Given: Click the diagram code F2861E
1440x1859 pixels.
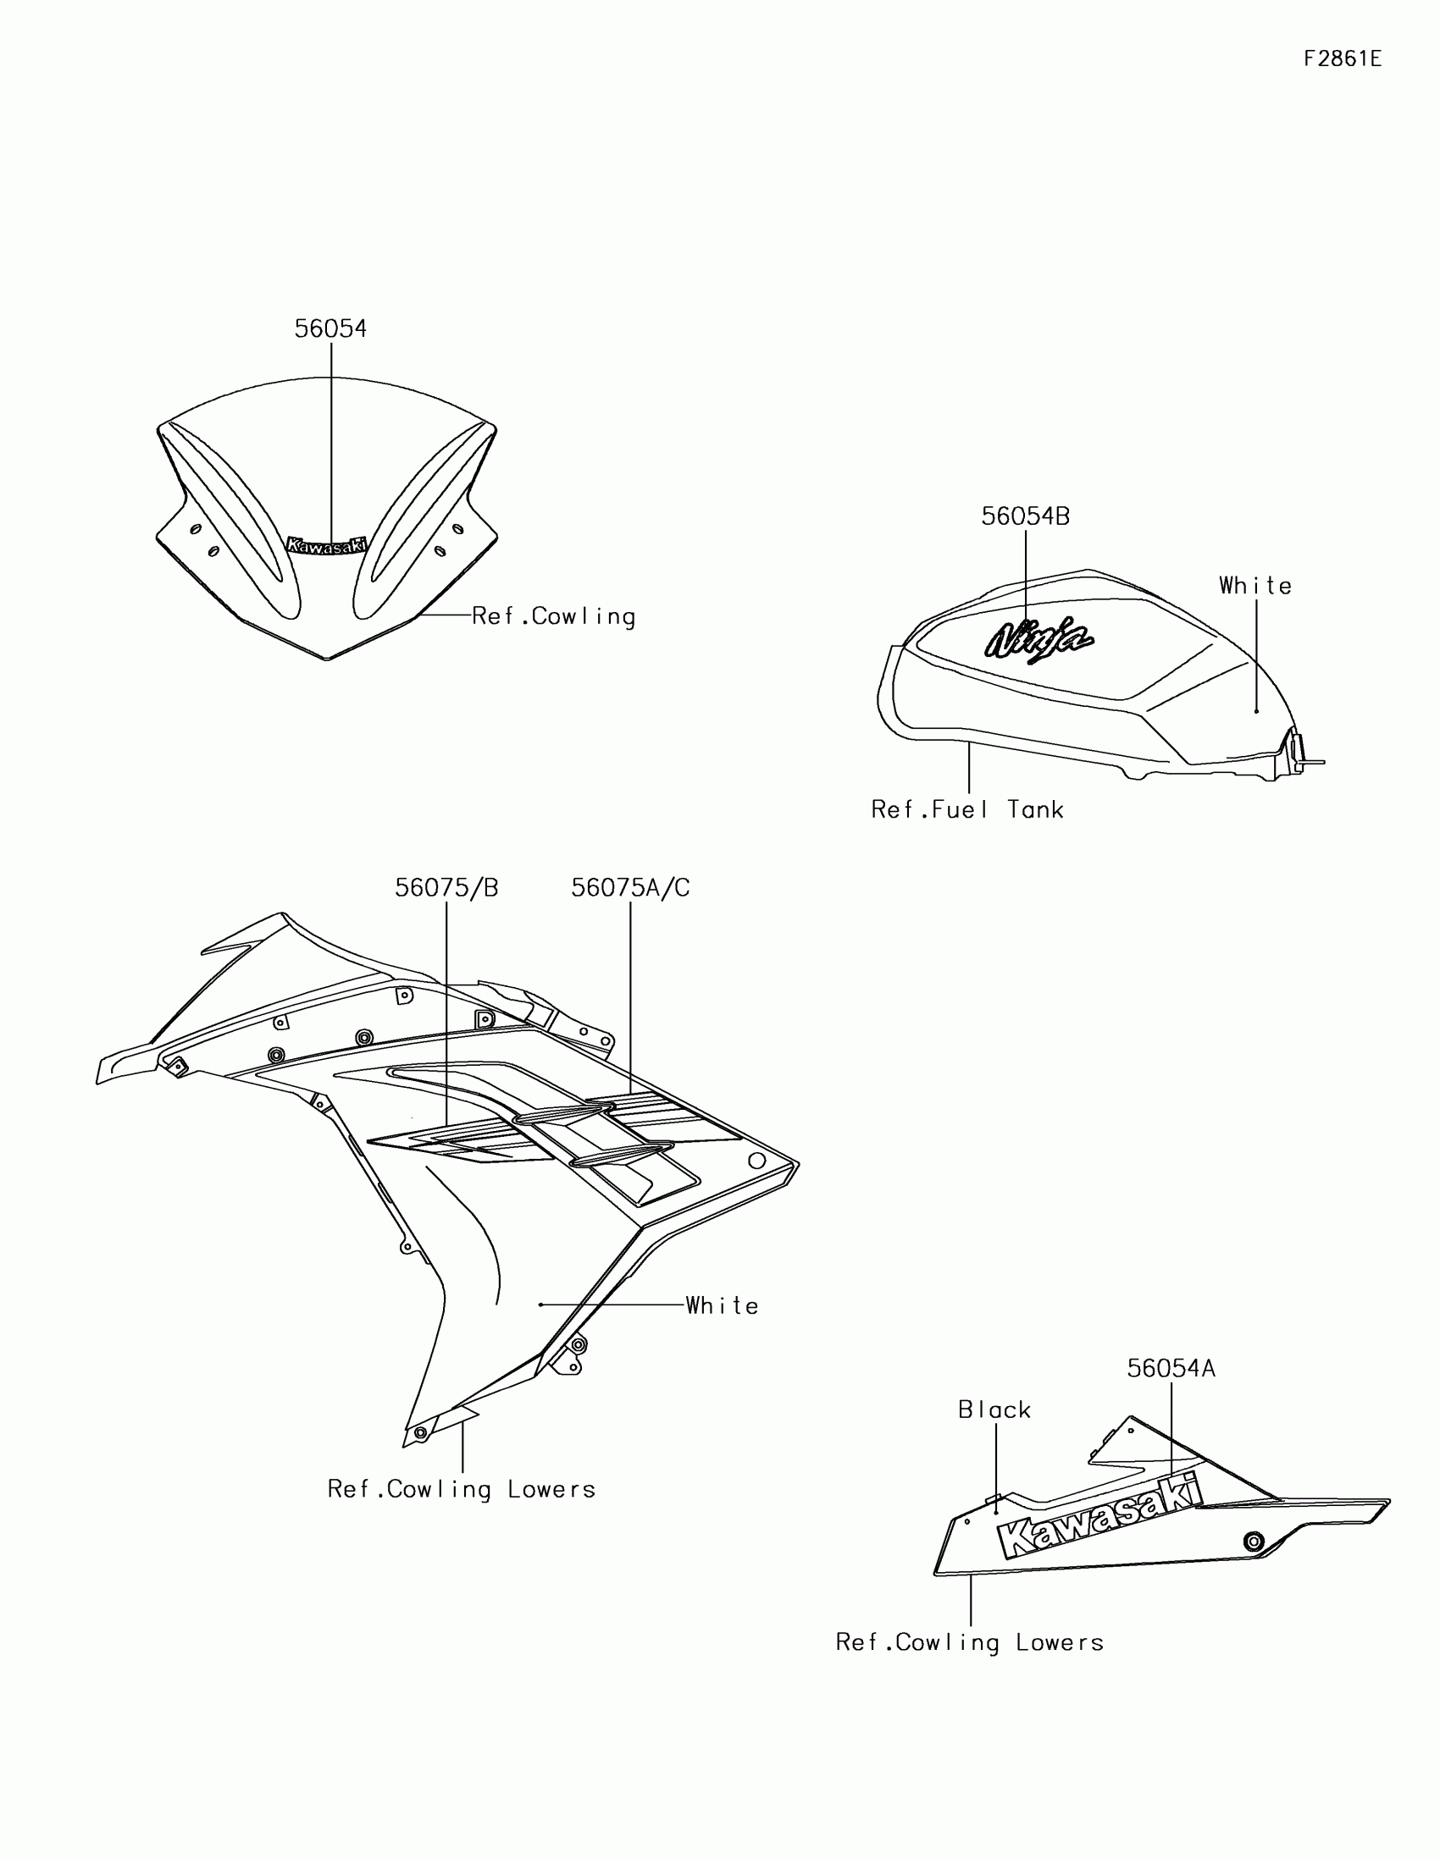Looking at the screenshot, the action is [x=1342, y=58].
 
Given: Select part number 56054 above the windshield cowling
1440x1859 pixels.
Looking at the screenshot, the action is [x=330, y=328].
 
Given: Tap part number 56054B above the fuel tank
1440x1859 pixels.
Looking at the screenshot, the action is [x=1025, y=516].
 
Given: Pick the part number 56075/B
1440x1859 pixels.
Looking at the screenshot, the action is [x=446, y=889].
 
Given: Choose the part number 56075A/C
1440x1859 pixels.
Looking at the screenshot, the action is [x=630, y=889].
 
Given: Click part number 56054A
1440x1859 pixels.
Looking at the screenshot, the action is [x=1171, y=1369].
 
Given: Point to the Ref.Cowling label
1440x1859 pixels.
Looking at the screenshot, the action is [x=553, y=616].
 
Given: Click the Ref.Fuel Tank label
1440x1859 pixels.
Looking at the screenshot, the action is [x=967, y=809].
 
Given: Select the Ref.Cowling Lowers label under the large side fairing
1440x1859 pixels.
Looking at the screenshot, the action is [x=462, y=1490].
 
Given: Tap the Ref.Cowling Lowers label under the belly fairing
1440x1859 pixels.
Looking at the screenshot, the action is [x=970, y=1643].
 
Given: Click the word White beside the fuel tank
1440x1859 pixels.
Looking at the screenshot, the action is [x=1255, y=586].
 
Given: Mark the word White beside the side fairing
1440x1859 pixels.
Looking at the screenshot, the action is [x=723, y=1305].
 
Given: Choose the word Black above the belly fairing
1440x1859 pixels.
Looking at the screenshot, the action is [x=994, y=1410].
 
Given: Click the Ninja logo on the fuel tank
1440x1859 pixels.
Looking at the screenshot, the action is [x=1038, y=638].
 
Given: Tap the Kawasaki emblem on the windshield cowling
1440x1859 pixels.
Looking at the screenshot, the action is [x=328, y=545].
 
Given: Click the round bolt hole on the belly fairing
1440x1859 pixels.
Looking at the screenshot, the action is [x=1253, y=1542].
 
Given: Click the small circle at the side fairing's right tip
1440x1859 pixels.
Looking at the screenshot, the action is [x=756, y=1160].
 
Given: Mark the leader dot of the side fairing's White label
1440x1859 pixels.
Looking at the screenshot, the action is [x=540, y=1305].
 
